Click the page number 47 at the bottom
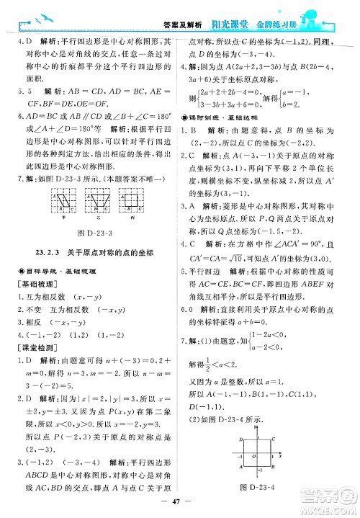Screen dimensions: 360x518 click(x=179, y=506)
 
